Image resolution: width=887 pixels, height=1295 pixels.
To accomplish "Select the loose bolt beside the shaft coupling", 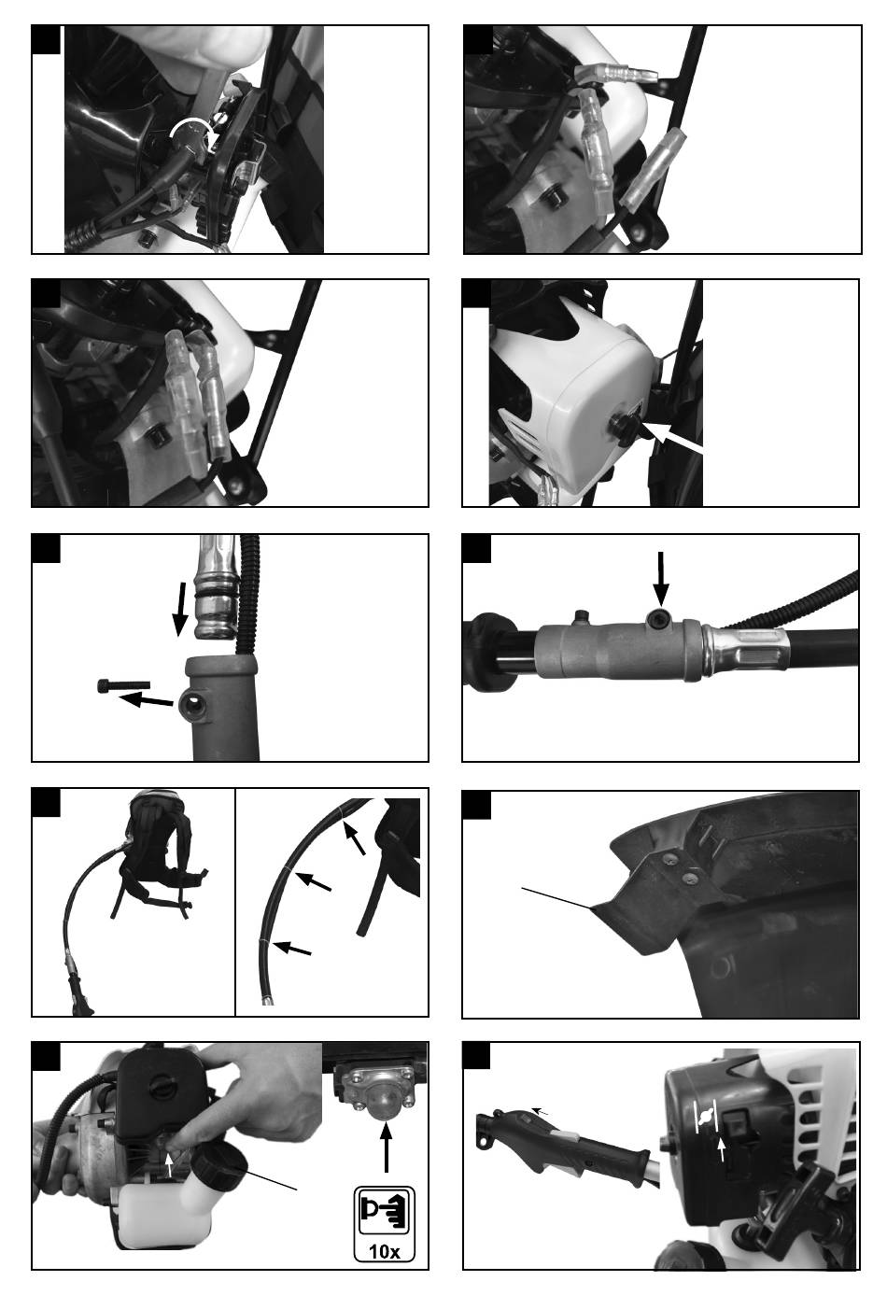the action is coord(123,685).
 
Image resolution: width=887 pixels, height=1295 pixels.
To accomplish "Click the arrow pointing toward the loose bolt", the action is coord(146,699).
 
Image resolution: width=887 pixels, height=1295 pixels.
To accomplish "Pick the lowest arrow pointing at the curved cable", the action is coord(292,948).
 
